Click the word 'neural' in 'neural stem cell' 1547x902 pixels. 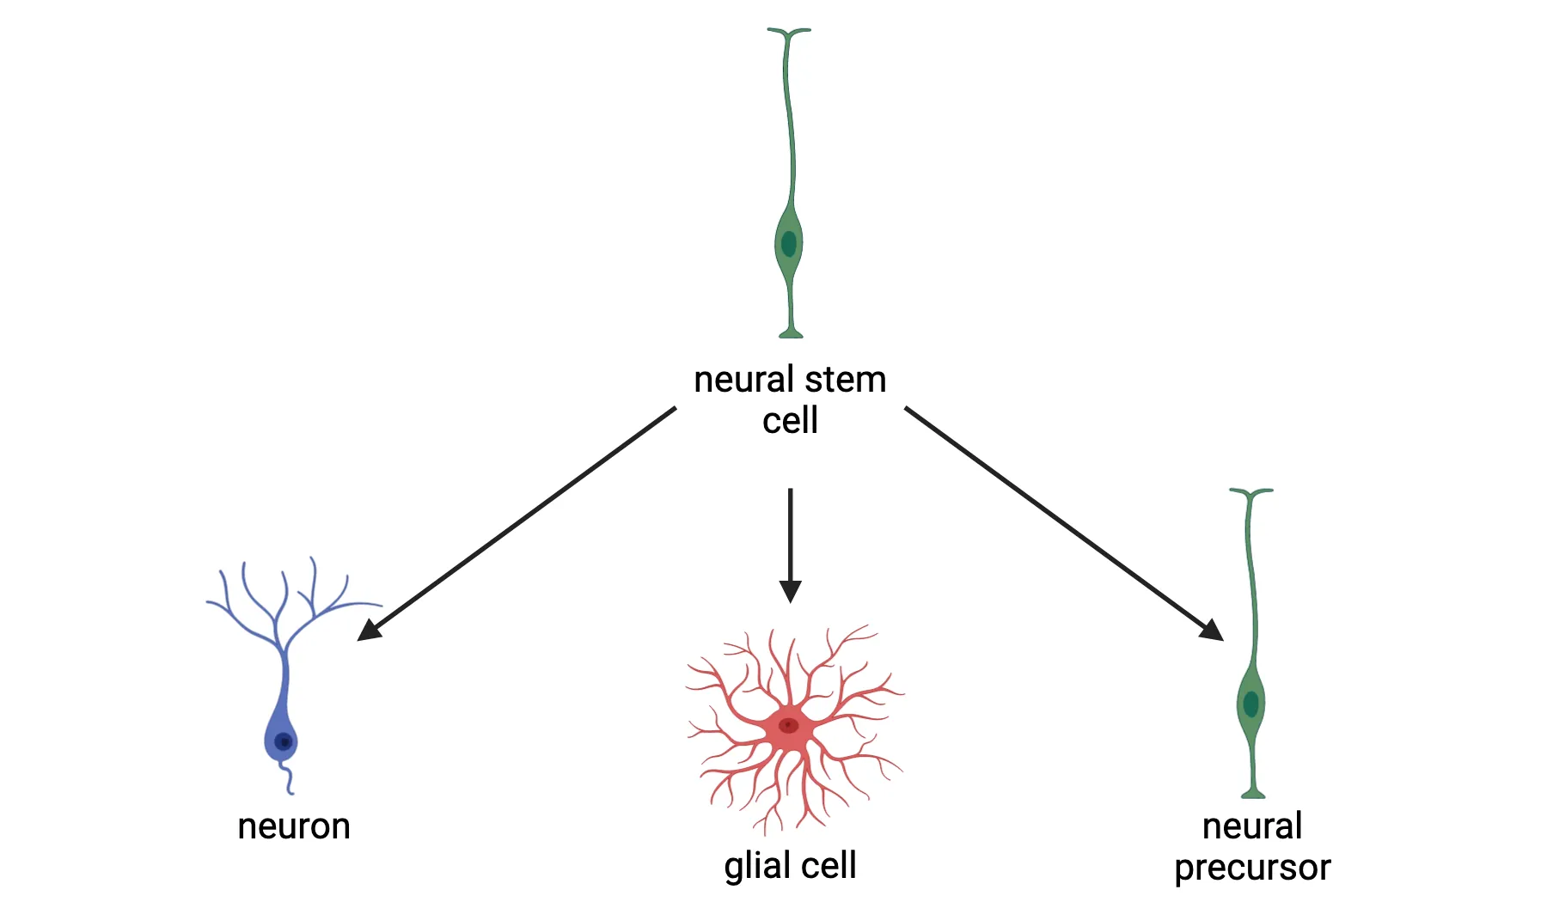(x=743, y=380)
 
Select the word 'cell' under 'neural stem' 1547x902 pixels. (x=790, y=421)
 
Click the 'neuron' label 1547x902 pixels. (x=294, y=826)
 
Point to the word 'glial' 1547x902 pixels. (x=757, y=866)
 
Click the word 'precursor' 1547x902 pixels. (x=1252, y=868)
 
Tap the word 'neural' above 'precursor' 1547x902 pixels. (x=1252, y=826)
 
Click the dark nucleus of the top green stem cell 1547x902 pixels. (x=789, y=244)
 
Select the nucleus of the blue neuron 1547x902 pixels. (x=283, y=741)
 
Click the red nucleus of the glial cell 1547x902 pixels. (x=788, y=726)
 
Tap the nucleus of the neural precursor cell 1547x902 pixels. (x=1251, y=704)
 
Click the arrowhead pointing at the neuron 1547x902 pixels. (x=368, y=631)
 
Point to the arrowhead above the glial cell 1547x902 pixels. (x=790, y=592)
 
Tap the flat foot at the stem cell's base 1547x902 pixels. (x=791, y=333)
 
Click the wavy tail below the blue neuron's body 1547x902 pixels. (x=288, y=777)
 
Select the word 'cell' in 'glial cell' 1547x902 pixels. (x=829, y=865)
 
